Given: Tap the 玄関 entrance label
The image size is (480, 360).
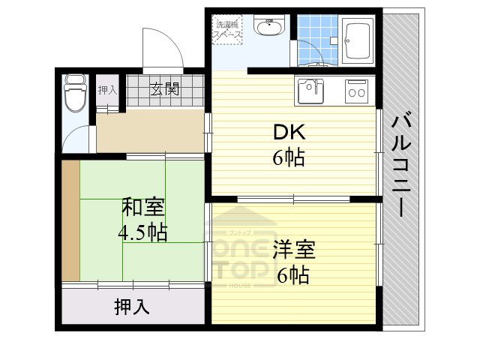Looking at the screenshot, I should tap(165, 89).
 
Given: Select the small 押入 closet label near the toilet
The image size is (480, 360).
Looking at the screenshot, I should tap(107, 90).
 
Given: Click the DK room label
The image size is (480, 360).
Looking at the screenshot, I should tap(289, 133).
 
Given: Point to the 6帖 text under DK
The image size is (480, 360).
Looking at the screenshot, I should tap(289, 159).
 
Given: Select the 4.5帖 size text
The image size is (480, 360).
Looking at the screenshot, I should tap(142, 232).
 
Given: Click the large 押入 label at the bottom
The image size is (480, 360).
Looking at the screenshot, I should tap(132, 306).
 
